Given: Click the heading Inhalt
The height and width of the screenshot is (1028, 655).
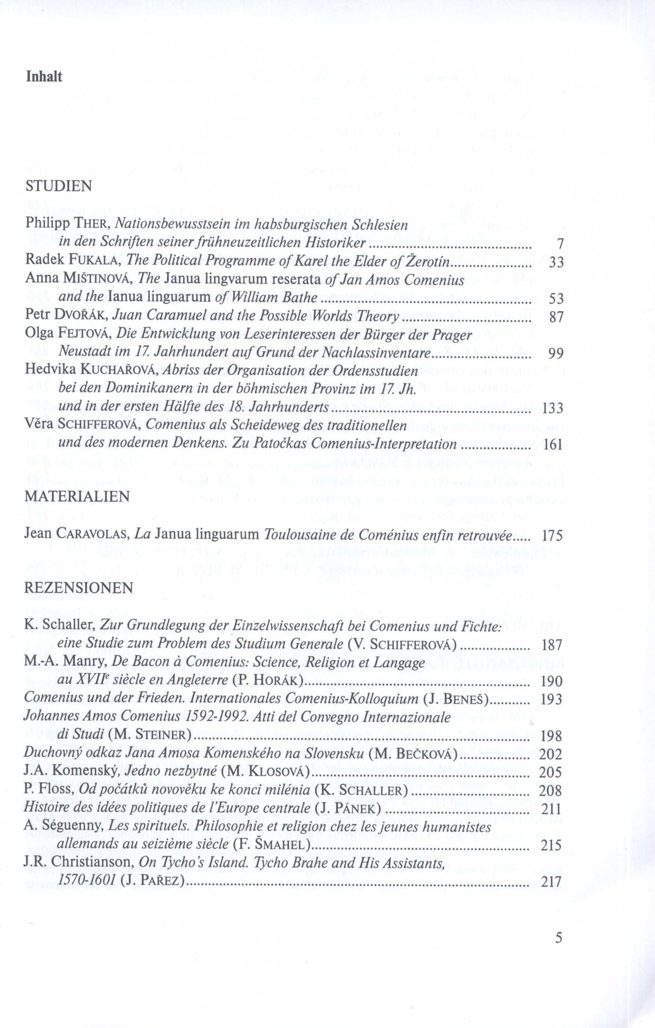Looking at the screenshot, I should coord(44,77).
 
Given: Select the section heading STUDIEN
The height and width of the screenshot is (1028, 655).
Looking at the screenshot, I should coord(59,186).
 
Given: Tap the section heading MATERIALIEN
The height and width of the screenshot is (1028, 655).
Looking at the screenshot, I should coord(77,496).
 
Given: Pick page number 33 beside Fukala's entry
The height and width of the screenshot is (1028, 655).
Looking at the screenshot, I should coord(556,262).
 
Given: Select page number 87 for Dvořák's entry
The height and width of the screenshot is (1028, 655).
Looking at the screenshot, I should coord(556,317).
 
